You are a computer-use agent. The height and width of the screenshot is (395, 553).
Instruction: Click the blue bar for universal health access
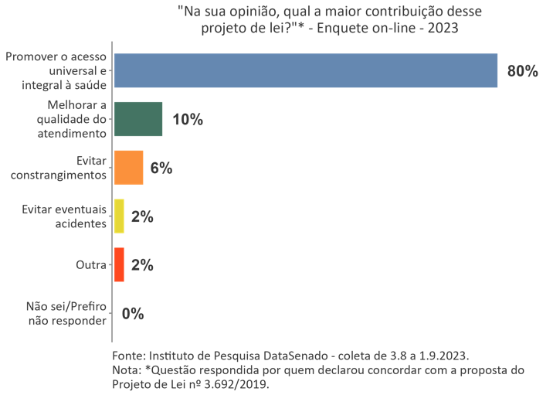305,71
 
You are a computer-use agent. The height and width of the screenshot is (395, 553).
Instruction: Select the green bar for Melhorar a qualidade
138,119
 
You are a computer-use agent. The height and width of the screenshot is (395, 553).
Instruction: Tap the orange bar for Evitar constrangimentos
128,168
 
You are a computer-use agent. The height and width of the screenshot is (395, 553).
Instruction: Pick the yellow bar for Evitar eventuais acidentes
119,216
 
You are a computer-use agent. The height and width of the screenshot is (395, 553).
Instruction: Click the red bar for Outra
119,264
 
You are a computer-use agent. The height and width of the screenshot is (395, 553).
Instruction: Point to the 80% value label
522,71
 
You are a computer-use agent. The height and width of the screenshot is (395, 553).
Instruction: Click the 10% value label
188,119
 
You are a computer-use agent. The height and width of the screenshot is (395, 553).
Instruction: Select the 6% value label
161,168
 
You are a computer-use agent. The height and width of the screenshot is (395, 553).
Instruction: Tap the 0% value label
133,313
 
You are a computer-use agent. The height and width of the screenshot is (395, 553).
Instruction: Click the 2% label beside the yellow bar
142,216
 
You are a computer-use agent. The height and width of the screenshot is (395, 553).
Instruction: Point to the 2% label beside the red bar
142,264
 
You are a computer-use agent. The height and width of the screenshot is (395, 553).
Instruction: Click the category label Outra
90,265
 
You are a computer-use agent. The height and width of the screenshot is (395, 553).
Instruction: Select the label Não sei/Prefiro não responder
66,313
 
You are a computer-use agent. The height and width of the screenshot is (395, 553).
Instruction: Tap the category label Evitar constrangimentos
59,168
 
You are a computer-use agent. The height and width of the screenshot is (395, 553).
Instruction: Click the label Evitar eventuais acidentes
64,216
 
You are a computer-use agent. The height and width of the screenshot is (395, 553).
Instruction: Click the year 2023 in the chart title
441,29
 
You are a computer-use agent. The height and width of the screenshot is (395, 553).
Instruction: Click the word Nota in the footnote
126,370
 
